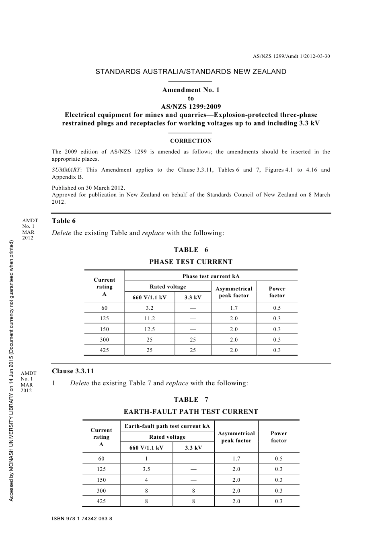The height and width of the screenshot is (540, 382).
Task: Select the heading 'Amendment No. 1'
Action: click(191, 90)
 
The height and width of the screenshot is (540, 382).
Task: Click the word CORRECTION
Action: click(191, 141)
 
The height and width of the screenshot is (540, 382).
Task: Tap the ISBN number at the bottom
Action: click(82, 519)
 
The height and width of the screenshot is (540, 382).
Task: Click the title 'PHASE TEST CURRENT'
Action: click(191, 262)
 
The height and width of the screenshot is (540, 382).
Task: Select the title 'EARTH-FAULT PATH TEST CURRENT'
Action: click(191, 412)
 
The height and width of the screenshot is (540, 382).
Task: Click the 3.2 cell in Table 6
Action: click(149, 308)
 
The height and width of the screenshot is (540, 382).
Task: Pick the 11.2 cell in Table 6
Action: click(149, 319)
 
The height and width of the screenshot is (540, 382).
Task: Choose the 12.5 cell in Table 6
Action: click(149, 329)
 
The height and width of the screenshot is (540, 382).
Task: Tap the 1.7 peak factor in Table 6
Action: click(234, 308)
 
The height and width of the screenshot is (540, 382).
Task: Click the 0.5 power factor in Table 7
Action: click(279, 459)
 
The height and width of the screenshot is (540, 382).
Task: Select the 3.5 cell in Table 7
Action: click(146, 469)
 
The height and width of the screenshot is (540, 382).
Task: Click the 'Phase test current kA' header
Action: click(211, 276)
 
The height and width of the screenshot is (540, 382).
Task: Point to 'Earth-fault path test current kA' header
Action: click(167, 426)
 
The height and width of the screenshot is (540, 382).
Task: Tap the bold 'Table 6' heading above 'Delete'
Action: click(64, 221)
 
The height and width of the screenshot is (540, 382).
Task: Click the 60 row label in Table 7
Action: click(101, 459)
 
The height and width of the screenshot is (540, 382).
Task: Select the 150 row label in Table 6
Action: click(104, 329)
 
